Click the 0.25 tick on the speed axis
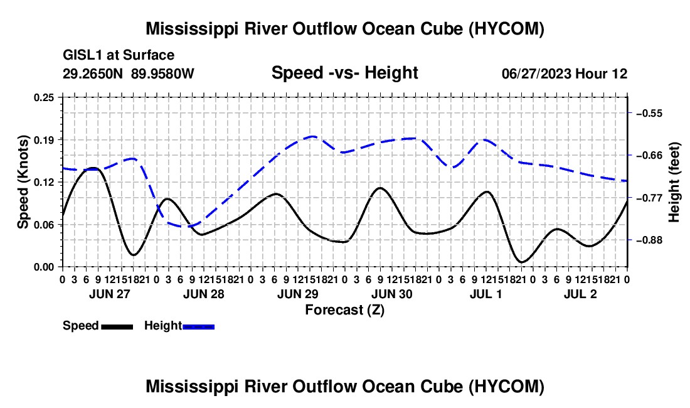tap(43, 97)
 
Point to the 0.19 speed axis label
tap(43, 140)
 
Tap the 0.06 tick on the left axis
tap(43, 225)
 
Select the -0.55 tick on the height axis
tap(649, 113)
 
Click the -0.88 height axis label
tap(649, 240)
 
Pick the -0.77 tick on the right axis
tap(649, 198)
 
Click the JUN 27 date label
tap(110, 294)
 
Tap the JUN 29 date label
tap(298, 294)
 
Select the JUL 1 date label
tap(486, 294)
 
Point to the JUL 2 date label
tap(580, 294)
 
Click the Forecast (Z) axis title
tap(344, 310)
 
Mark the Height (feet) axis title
tap(674, 182)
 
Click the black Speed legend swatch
tap(117, 326)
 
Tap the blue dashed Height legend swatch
tap(198, 326)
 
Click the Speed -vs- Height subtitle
tap(344, 73)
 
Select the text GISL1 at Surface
tap(119, 55)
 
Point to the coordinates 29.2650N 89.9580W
tap(129, 73)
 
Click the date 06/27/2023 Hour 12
tap(565, 73)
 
